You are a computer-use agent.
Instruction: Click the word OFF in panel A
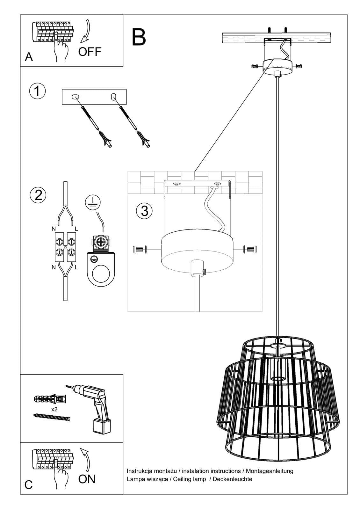(90, 51)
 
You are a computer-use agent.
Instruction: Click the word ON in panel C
(87, 479)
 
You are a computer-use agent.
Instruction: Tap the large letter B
(139, 37)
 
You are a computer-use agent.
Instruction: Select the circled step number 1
(37, 91)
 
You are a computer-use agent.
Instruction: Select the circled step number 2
(38, 195)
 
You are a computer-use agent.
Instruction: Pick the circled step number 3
(144, 211)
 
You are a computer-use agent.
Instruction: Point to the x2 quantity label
(54, 409)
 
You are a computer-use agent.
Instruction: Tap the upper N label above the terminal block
(53, 229)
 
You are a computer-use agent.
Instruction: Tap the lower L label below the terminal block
(76, 268)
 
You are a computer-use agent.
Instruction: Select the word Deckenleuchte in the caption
(232, 479)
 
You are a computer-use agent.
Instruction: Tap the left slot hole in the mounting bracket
(76, 97)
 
